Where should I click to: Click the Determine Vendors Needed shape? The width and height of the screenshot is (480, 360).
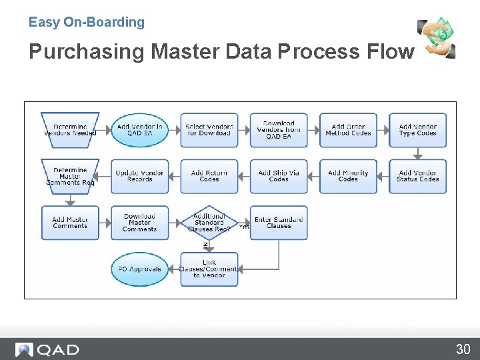pyautogui.click(x=70, y=129)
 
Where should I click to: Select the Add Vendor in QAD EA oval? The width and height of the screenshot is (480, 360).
pyautogui.click(x=139, y=129)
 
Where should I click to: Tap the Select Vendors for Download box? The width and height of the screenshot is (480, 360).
pyautogui.click(x=209, y=129)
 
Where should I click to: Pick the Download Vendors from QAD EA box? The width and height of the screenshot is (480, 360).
pyautogui.click(x=279, y=129)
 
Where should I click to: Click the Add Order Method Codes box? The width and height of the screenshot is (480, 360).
pyautogui.click(x=348, y=129)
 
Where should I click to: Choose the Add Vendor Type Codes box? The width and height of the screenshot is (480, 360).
pyautogui.click(x=417, y=129)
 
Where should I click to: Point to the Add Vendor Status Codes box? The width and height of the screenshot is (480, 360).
pyautogui.click(x=417, y=176)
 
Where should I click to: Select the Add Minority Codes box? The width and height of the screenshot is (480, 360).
pyautogui.click(x=348, y=176)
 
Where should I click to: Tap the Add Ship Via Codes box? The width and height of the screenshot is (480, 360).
pyautogui.click(x=279, y=176)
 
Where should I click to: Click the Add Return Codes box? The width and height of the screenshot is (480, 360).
pyautogui.click(x=209, y=176)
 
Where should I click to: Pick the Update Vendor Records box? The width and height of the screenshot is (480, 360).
pyautogui.click(x=139, y=176)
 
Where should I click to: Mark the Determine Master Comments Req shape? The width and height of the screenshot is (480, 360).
pyautogui.click(x=70, y=176)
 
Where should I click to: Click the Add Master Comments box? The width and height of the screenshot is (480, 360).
pyautogui.click(x=70, y=223)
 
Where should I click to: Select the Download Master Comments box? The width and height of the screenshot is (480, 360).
pyautogui.click(x=139, y=223)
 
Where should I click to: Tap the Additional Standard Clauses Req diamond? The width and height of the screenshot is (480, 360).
pyautogui.click(x=209, y=223)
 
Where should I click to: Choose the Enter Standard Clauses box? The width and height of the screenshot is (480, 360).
pyautogui.click(x=279, y=223)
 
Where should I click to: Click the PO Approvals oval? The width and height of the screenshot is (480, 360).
pyautogui.click(x=139, y=269)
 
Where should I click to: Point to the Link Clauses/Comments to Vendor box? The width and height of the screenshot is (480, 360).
pyautogui.click(x=209, y=269)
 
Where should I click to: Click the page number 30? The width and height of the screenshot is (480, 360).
pyautogui.click(x=463, y=349)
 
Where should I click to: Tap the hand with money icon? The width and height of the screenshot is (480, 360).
pyautogui.click(x=437, y=38)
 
